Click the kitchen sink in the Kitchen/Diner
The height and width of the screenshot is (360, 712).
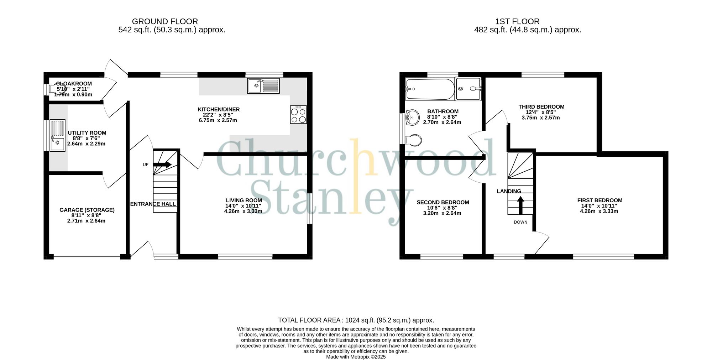click(263, 86)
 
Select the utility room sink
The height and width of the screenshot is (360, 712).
click(57, 135)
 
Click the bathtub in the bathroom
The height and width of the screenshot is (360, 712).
click(430, 89)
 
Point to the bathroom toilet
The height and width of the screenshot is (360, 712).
click(414, 140)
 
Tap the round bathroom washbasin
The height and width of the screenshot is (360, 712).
click(413, 117)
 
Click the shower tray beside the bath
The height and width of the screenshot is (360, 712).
click(468, 89)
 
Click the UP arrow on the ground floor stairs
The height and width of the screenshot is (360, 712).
click(163, 165)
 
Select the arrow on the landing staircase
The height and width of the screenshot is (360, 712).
click(520, 205)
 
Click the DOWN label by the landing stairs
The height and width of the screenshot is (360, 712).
click(520, 222)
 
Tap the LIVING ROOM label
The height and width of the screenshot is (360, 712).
click(244, 200)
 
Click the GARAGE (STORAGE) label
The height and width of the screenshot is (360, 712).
click(87, 210)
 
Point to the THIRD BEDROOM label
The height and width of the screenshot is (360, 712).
click(541, 107)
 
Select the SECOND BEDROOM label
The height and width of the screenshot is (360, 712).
click(443, 202)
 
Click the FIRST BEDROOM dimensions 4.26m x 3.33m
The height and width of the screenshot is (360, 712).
click(600, 211)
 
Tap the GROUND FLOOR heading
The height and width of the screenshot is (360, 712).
click(165, 21)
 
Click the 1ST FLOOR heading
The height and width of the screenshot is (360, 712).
click(517, 21)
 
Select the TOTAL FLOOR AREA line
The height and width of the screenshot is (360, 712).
click(356, 320)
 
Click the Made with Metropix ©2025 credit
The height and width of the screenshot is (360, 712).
click(356, 357)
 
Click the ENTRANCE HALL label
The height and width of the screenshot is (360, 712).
click(153, 204)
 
